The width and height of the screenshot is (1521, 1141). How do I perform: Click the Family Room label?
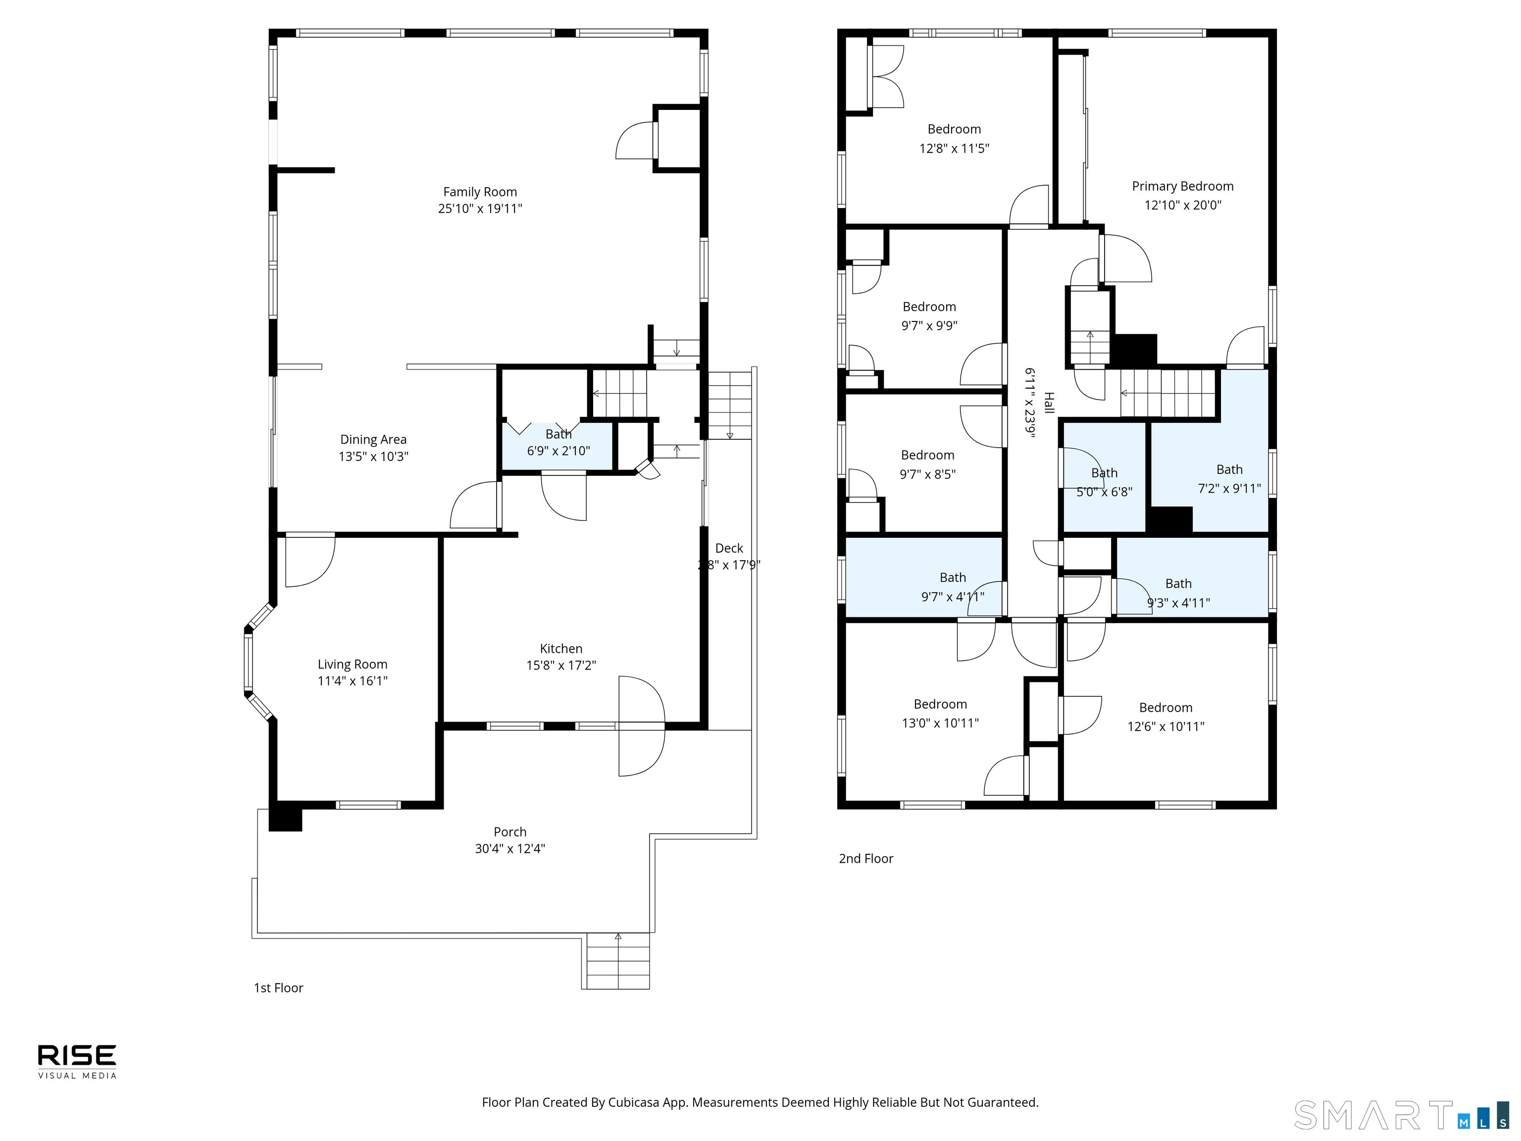tap(480, 192)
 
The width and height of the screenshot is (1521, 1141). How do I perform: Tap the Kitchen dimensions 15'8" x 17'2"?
tap(561, 665)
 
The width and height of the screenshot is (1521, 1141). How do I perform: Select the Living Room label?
tap(352, 665)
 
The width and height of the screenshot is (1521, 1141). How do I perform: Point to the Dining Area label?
tap(373, 439)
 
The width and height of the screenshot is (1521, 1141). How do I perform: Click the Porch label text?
tap(510, 831)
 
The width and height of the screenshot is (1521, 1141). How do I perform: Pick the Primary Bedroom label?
tap(1183, 186)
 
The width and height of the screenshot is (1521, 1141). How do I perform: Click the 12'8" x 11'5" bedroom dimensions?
tap(955, 148)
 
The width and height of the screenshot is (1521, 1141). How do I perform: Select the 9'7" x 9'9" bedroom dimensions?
tap(929, 325)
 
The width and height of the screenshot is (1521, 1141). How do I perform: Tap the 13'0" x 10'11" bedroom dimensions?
tap(940, 723)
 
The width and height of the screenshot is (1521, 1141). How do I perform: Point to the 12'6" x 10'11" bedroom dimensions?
tap(1166, 726)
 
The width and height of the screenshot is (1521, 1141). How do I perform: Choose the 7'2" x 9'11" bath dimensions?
tap(1229, 488)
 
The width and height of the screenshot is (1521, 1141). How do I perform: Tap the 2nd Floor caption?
tap(865, 858)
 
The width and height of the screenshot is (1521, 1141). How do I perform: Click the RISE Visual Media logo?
tap(77, 1061)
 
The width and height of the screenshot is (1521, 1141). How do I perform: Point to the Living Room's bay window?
tap(258, 662)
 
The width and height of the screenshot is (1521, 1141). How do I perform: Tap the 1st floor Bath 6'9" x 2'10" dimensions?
tap(558, 451)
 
